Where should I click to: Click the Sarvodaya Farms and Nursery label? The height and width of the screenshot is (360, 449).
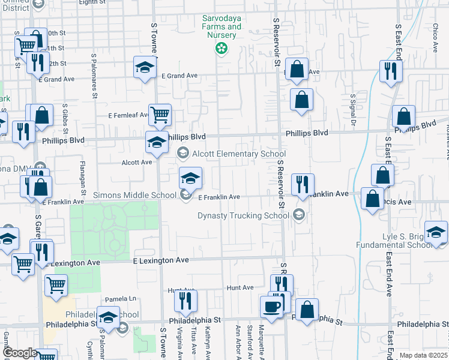point(221,27)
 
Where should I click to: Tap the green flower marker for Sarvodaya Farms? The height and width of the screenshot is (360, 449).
point(221,48)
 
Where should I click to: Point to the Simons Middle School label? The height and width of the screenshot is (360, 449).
point(135,196)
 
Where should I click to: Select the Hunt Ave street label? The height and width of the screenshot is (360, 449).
point(240,288)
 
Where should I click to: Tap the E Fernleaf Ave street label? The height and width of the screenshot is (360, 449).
point(128,115)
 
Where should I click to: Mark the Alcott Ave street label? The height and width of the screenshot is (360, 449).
point(137,162)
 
